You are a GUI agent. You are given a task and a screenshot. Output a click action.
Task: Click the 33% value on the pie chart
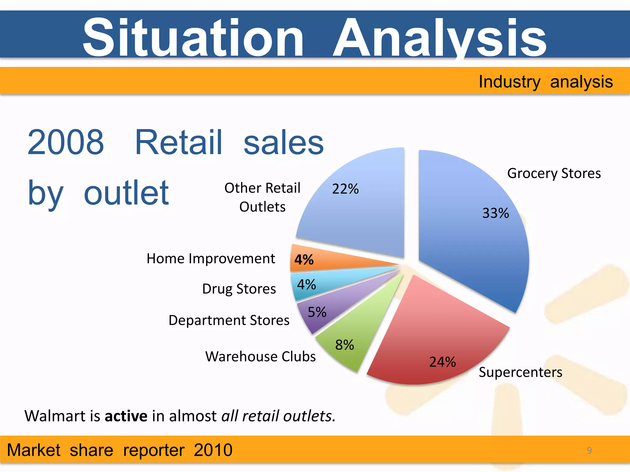pos(495,213)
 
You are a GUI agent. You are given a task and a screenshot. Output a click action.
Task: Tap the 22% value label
pos(345,189)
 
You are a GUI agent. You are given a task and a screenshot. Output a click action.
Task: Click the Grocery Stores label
pos(554,173)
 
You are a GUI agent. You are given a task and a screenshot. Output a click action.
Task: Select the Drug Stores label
pos(239,289)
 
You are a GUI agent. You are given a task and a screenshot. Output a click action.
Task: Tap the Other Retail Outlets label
pos(262,197)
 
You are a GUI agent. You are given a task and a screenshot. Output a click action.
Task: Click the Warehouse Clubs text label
pos(260,356)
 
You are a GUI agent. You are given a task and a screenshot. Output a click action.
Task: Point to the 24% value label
pos(442,362)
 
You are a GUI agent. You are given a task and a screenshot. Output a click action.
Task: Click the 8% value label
pos(345,345)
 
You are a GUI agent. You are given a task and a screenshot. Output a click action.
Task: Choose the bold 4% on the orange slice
pos(304,260)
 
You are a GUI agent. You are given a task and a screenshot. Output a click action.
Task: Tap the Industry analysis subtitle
pos(545,82)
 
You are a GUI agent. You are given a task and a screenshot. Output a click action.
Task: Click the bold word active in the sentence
pos(126,416)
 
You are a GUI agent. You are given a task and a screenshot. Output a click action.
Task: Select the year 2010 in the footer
pos(213,450)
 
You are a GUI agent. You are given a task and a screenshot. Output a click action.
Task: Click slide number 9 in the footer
pos(589,450)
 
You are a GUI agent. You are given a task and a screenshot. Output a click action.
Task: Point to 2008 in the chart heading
pos(66,142)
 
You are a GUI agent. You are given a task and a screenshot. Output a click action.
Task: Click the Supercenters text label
pos(520,372)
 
